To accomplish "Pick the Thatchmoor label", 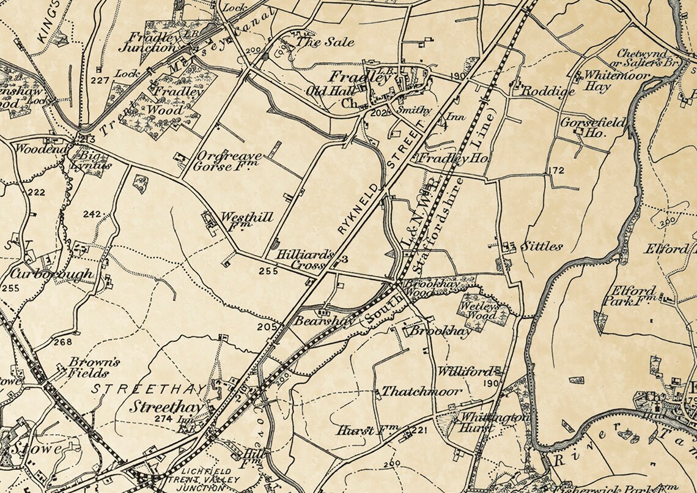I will point(422,392).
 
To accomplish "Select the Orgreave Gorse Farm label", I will point(228,161).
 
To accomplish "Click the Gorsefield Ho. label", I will point(593,127).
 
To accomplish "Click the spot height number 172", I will point(556,169).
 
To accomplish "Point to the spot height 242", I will point(92,214).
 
